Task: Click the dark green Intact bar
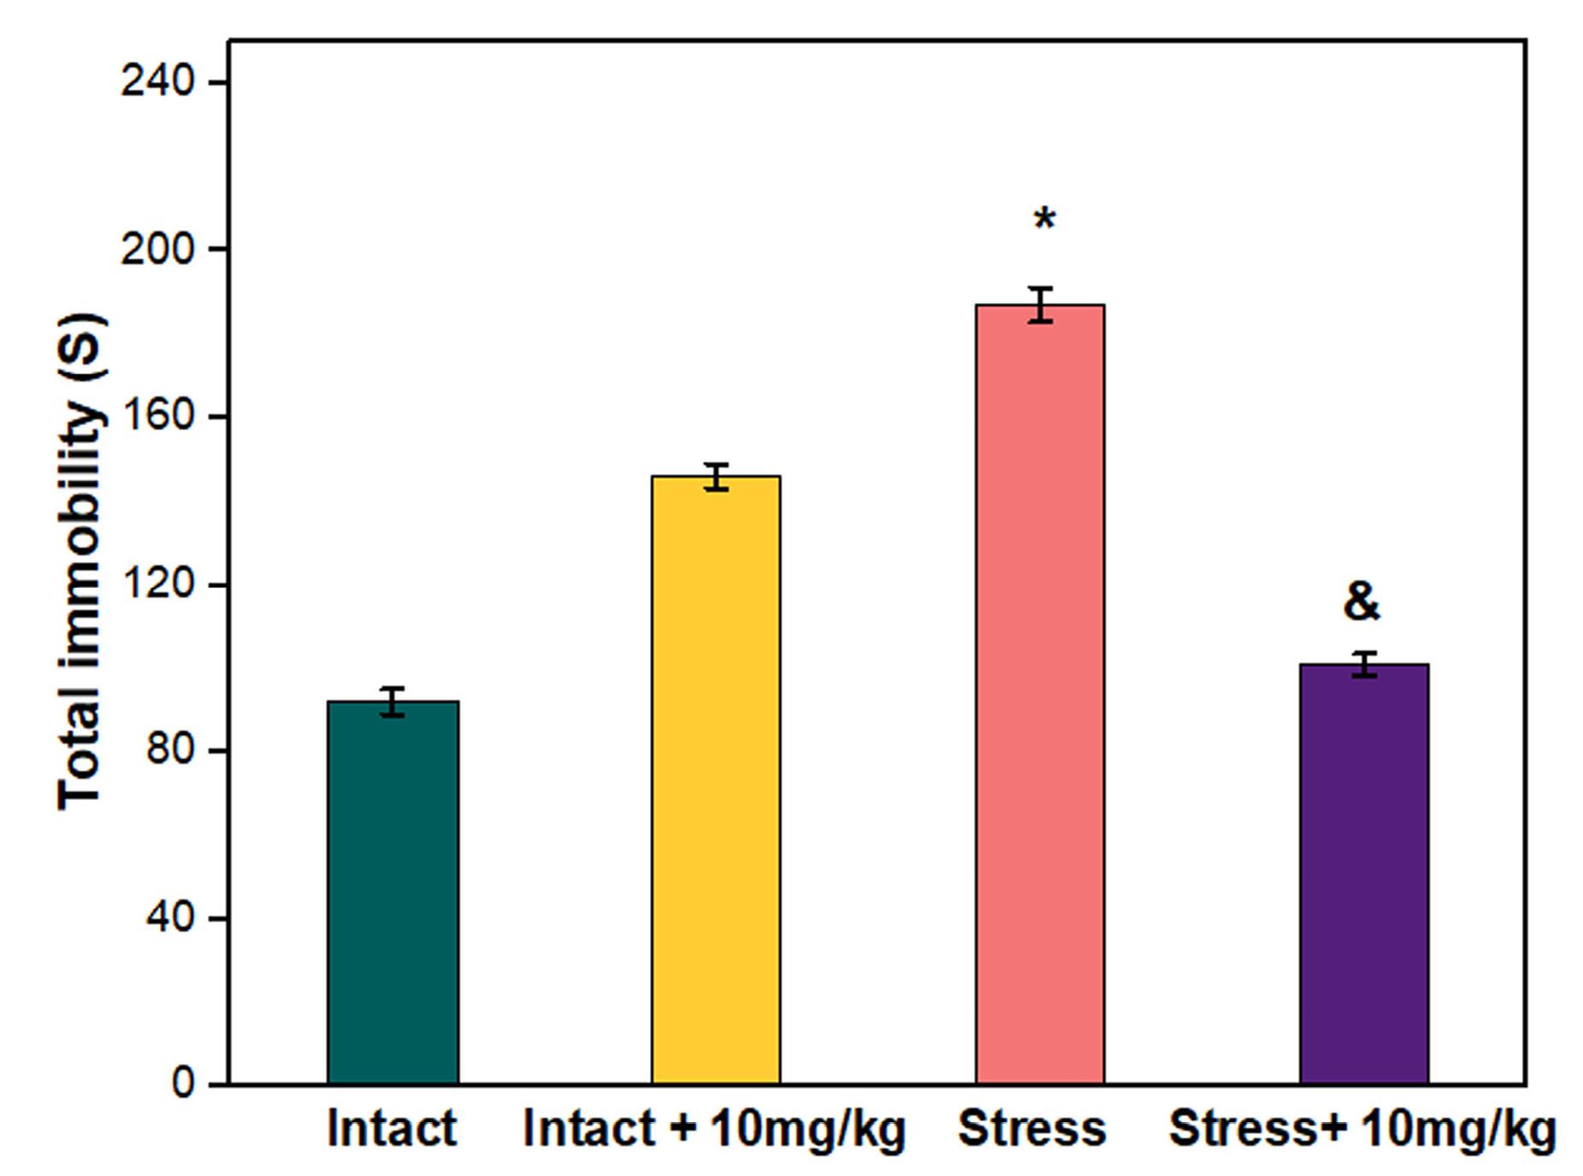click(x=393, y=893)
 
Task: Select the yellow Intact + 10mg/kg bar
click(x=716, y=780)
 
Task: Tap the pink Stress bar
click(x=1040, y=694)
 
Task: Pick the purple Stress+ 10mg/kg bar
click(x=1364, y=874)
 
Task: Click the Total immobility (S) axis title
click(x=81, y=561)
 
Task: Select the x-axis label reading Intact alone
click(x=392, y=1128)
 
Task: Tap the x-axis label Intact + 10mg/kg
click(x=714, y=1128)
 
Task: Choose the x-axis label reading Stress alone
click(x=1031, y=1128)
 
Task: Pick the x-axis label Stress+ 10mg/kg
click(x=1361, y=1128)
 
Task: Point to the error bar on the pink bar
click(x=1040, y=304)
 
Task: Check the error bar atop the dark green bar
click(x=393, y=701)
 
